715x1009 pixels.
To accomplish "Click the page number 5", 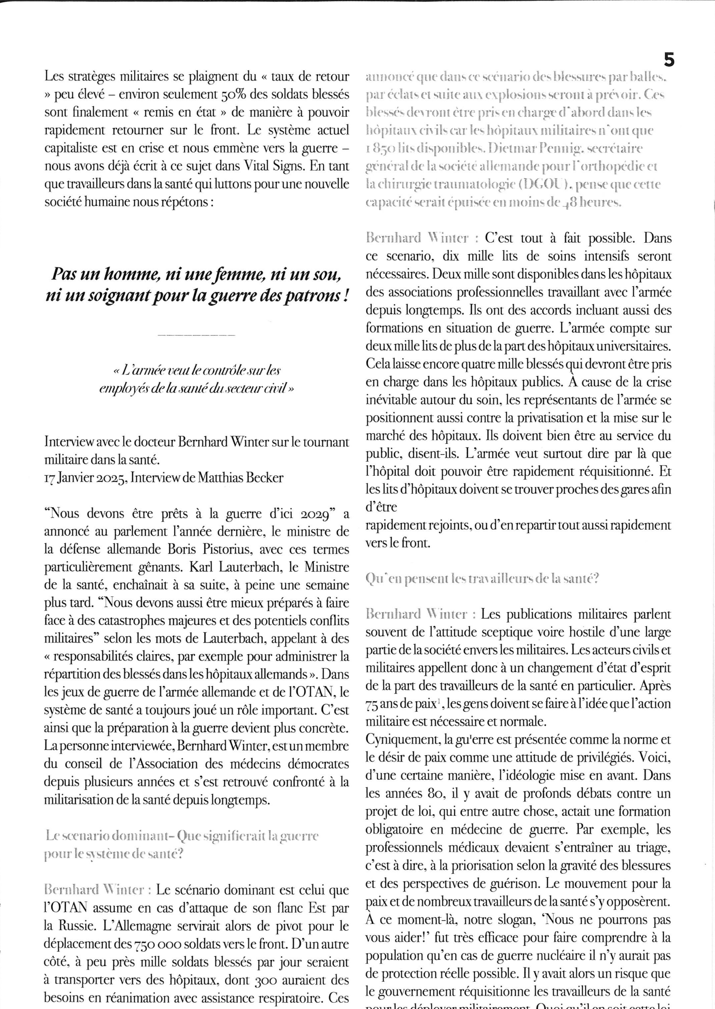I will coord(668,60).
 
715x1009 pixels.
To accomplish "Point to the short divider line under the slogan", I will coord(196,336).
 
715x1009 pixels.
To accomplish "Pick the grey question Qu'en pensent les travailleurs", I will coord(482,579).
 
